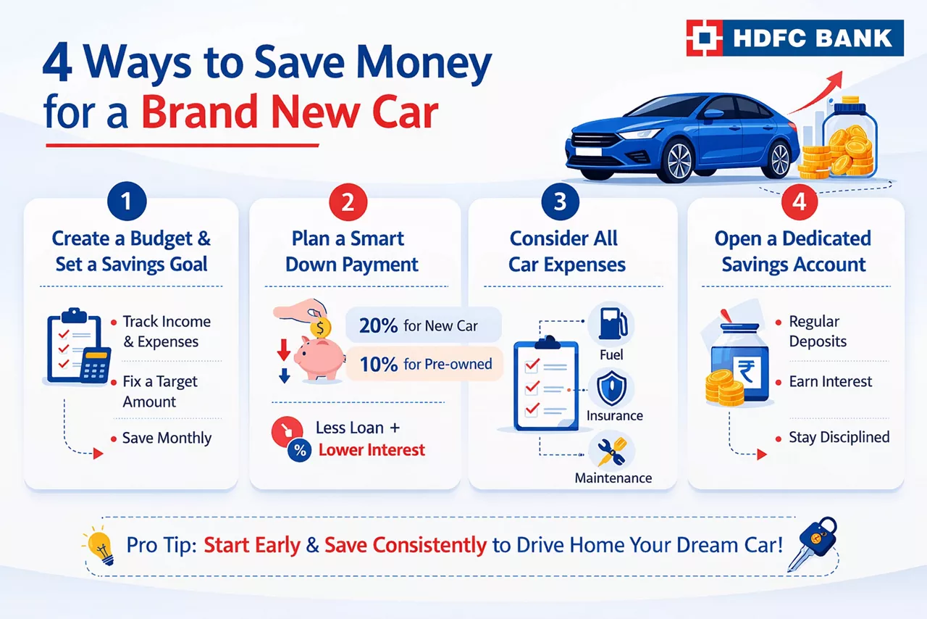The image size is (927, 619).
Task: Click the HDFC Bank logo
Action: point(794,38)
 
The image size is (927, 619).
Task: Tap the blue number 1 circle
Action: point(127,202)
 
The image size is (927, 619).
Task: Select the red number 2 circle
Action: point(348,202)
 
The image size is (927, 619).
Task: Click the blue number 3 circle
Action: point(560,202)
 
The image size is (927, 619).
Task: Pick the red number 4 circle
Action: point(799,202)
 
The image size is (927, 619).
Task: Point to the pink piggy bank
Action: point(319,357)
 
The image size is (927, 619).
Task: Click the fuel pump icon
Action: point(612,325)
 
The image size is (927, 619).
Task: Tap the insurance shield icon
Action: point(612,389)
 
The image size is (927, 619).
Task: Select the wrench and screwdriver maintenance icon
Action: point(612,452)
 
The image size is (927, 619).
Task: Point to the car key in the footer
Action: point(812,544)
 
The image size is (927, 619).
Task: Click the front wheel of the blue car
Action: point(678,161)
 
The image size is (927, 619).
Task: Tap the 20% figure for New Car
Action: point(378,325)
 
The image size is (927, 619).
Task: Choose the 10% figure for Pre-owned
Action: point(379,365)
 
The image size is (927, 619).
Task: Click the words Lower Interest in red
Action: point(372,450)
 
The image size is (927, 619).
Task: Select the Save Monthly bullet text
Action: point(167,438)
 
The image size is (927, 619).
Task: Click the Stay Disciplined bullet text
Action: point(839,437)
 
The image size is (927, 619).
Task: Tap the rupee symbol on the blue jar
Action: point(746,371)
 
